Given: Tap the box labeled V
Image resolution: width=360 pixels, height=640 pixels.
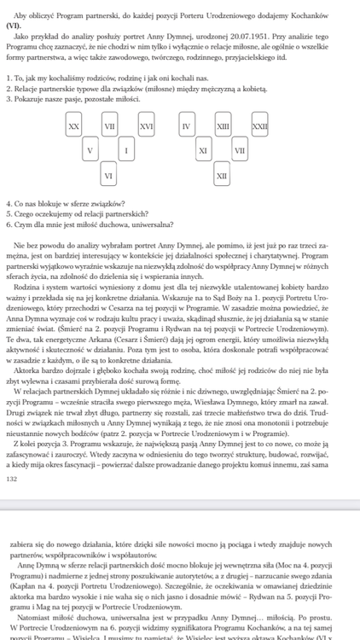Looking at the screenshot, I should [90, 150].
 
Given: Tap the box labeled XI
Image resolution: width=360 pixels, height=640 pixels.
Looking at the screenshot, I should [203, 150].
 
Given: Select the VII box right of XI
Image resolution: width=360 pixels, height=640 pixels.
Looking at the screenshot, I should [240, 150].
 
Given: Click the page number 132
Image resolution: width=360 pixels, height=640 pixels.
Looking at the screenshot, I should [11, 479].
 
